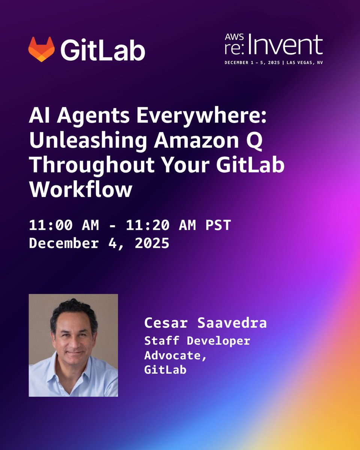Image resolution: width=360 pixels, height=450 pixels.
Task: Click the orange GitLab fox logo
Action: coord(41,49)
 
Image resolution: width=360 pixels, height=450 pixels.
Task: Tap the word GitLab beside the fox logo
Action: coord(102,50)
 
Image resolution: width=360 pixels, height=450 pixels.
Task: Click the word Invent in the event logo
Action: coord(286,46)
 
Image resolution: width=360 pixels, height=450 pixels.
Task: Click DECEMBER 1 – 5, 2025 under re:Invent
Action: coord(253,63)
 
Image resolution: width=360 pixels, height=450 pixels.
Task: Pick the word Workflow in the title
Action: coord(81,189)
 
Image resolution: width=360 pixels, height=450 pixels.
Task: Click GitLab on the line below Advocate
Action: coord(165,370)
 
